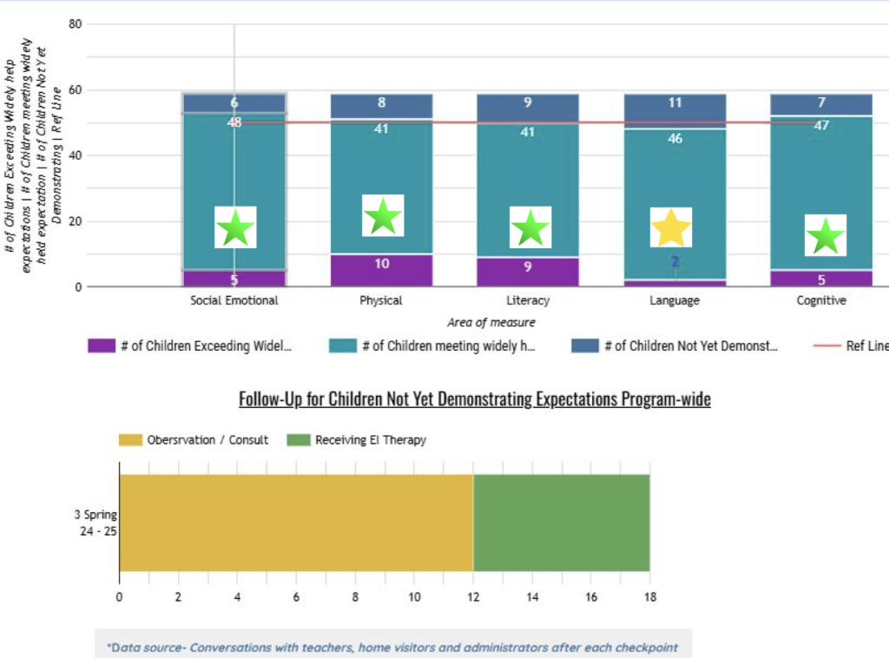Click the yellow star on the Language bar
click(671, 227)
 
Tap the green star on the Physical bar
click(382, 216)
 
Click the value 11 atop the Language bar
click(675, 102)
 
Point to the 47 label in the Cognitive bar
click(821, 126)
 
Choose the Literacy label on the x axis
click(528, 300)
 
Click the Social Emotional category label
click(234, 300)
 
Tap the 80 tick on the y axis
click(75, 24)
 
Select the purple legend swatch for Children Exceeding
click(102, 346)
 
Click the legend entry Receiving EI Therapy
click(371, 440)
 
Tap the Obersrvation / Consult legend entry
click(207, 440)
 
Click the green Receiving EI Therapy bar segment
click(561, 523)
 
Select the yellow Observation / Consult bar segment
click(296, 523)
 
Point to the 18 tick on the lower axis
click(649, 597)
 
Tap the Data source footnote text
click(392, 648)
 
